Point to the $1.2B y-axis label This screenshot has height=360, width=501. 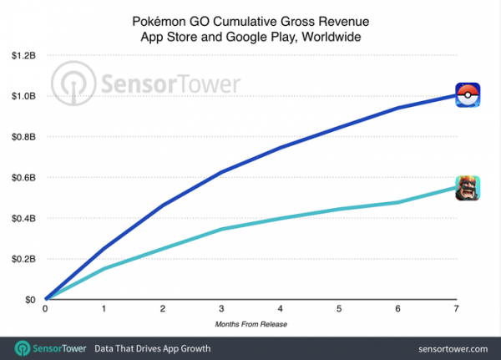point(23,55)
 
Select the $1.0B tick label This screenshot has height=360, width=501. point(23,96)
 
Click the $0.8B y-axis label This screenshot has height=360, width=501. point(23,137)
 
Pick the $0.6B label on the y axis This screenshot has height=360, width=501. point(23,177)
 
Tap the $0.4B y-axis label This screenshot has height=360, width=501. point(23,218)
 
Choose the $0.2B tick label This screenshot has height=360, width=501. point(23,259)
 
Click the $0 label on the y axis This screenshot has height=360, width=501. point(29,300)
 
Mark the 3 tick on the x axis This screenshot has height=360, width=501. point(221,308)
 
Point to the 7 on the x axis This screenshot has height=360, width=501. point(456,308)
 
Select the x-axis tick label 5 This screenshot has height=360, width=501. point(339,308)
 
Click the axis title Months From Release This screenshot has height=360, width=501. point(250,322)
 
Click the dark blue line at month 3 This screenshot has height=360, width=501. point(221,172)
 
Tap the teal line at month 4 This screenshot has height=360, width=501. point(280,218)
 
